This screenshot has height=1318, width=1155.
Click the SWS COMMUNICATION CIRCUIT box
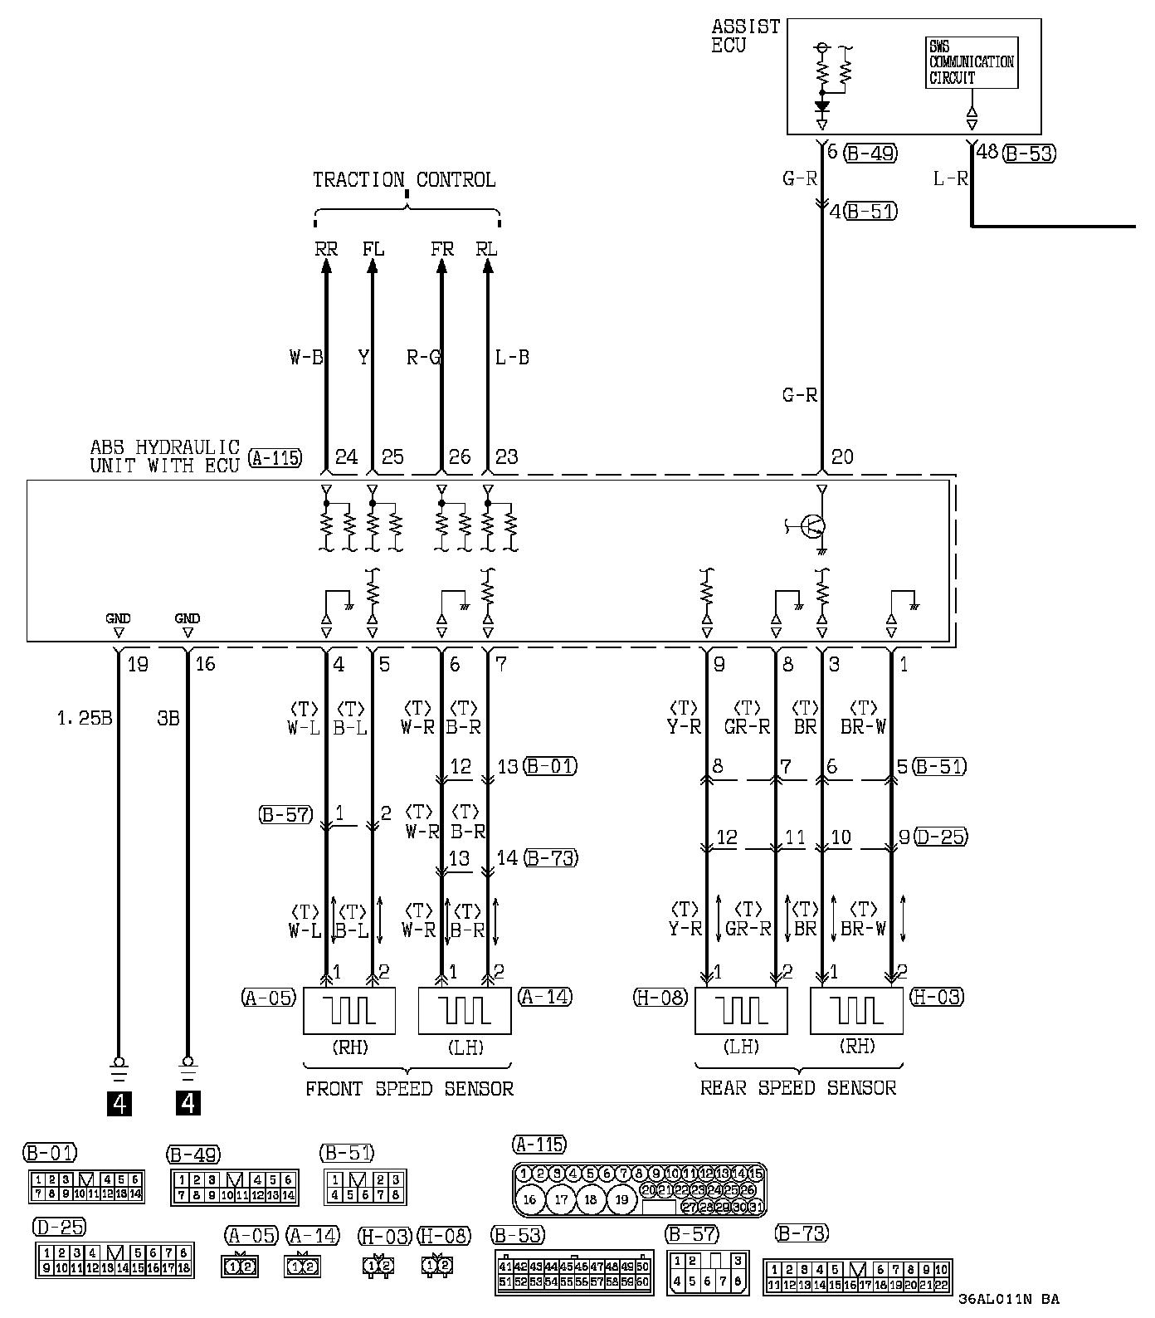[971, 62]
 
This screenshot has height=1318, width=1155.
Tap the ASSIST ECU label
[745, 36]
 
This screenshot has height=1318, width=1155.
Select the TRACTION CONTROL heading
[404, 179]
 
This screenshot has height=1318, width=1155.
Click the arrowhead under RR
[325, 265]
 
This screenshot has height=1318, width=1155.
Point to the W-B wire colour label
[305, 358]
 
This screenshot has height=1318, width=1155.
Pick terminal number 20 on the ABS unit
[842, 457]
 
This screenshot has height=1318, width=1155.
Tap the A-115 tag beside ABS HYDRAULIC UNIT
[275, 457]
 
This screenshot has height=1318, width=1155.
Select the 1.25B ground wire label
[84, 718]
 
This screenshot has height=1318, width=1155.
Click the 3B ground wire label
[168, 718]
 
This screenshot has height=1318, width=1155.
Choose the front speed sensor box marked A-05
[349, 1010]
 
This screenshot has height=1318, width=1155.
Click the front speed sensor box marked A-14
[465, 1010]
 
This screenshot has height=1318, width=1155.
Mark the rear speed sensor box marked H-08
[741, 1010]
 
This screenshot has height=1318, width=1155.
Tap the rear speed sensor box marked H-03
[856, 1010]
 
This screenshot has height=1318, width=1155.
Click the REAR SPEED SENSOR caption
[798, 1087]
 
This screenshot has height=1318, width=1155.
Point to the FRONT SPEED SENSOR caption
[409, 1088]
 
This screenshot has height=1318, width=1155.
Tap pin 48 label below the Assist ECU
[987, 152]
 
